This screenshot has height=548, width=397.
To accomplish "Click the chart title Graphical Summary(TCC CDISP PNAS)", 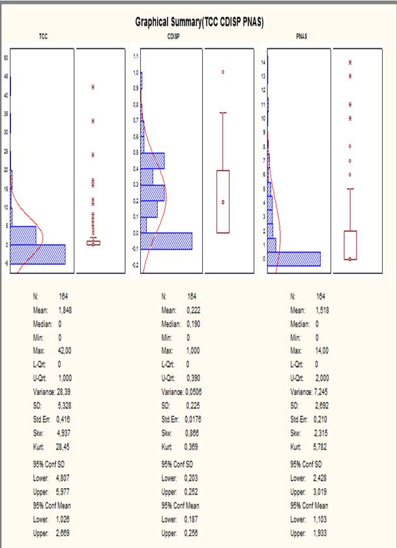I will (198, 21).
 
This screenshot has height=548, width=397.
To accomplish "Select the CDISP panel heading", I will (173, 38).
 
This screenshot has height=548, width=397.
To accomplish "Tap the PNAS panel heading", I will (302, 38).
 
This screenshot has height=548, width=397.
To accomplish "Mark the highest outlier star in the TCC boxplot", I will (93, 87).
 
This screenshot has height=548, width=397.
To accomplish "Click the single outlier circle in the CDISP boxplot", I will (223, 72).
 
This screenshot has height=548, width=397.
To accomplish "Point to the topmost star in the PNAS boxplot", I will (350, 62).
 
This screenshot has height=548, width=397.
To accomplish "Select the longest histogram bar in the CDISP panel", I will (166, 241).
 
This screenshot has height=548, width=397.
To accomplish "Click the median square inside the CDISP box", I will (223, 202).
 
